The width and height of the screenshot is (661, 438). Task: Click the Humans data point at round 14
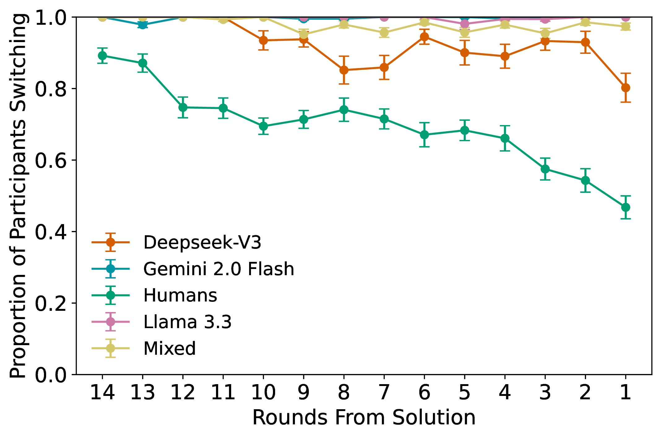pos(102,56)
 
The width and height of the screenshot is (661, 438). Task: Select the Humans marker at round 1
pos(625,207)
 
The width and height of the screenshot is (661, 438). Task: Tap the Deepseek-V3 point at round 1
pos(625,88)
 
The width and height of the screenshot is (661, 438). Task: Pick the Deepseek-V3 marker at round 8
pos(344,70)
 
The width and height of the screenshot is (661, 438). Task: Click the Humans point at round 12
pos(183,107)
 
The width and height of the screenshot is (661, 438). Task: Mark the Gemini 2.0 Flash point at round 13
pos(143,24)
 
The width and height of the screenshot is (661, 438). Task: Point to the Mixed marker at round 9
pos(304,34)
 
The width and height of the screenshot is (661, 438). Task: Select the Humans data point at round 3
pos(545,169)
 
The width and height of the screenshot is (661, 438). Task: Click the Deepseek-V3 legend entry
pos(202,242)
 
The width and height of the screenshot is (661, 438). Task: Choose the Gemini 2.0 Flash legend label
pos(218,269)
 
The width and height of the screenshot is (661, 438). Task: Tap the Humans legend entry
pos(180,295)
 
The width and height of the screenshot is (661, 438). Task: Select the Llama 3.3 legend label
pos(187,322)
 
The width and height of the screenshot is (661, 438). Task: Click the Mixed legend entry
pos(170,349)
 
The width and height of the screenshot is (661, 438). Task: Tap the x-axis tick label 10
pos(263,392)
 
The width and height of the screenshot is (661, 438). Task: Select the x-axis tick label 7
pos(384,392)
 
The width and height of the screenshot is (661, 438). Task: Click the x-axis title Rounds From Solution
pos(364,418)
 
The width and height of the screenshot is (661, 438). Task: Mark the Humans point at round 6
pos(424,135)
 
